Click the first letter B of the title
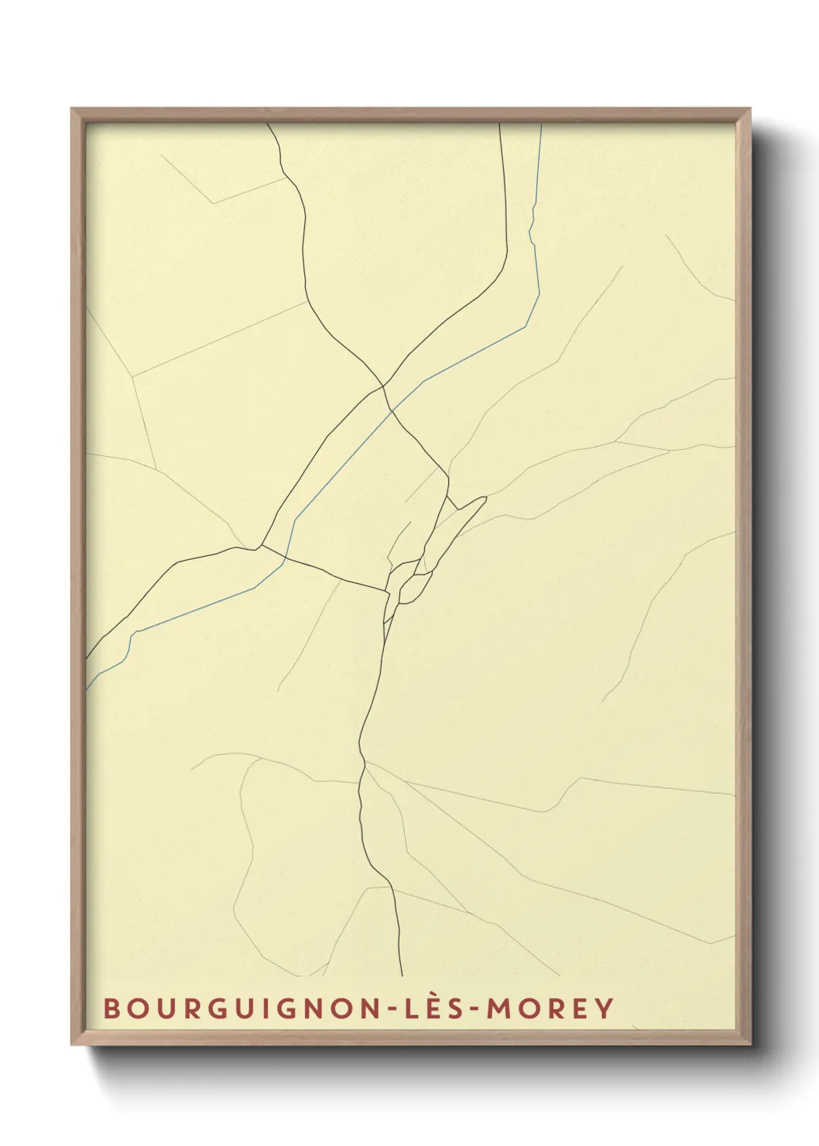(111, 1008)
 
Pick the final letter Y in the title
(605, 1008)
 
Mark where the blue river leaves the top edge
(540, 124)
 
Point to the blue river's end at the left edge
(86, 688)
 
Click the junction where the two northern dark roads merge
(383, 386)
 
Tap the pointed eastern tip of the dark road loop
(485, 497)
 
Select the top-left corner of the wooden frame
(72, 109)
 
